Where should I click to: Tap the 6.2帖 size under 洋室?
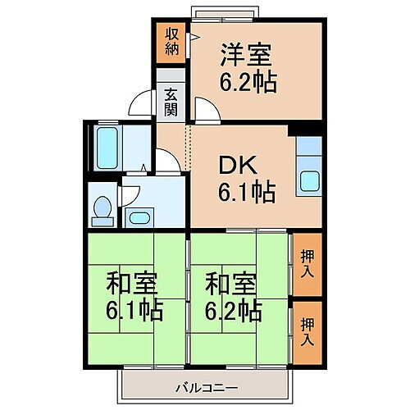[247, 82]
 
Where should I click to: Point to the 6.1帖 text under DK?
[245, 194]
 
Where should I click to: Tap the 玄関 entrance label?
[171, 101]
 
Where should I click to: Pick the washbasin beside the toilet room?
[140, 217]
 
